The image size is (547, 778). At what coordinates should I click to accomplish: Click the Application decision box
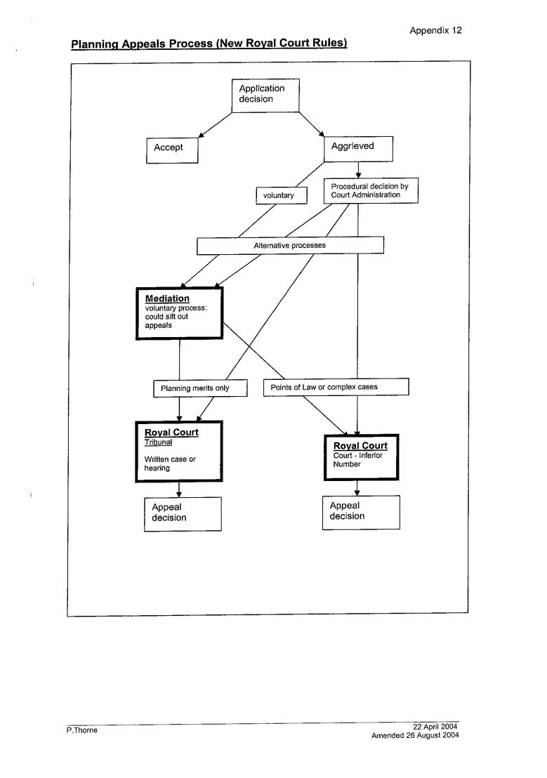(x=265, y=95)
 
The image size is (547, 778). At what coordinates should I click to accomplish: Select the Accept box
(x=172, y=150)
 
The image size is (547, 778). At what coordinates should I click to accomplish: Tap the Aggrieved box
(x=358, y=149)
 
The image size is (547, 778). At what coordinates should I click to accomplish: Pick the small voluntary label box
(x=282, y=195)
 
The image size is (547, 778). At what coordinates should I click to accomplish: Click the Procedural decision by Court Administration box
(x=371, y=190)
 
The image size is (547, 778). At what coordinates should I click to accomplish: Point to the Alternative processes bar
(x=290, y=246)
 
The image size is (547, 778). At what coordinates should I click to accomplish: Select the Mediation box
(x=179, y=313)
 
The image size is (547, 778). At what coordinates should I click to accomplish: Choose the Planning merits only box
(x=200, y=388)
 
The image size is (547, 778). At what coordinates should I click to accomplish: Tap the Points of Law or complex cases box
(x=336, y=387)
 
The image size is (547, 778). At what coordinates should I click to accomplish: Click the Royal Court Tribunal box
(x=178, y=451)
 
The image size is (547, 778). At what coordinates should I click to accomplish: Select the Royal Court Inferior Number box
(x=362, y=458)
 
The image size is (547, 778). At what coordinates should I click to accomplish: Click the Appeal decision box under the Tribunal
(x=183, y=515)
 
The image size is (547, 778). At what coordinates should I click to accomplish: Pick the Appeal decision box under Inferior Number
(x=361, y=513)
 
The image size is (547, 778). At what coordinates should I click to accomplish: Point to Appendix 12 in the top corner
(x=435, y=30)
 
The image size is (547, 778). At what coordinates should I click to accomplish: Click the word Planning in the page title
(x=93, y=44)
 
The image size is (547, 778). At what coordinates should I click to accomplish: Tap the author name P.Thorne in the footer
(x=82, y=730)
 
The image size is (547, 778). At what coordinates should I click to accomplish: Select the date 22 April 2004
(x=435, y=727)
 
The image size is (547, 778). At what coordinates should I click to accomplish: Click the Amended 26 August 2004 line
(x=415, y=735)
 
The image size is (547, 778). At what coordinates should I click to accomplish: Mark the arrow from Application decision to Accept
(x=215, y=125)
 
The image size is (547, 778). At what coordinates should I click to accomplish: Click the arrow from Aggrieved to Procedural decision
(x=358, y=170)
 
